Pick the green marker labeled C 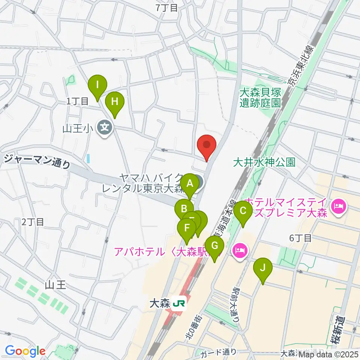click(x=243, y=211)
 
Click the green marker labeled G click(x=214, y=246)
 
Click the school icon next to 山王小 click(x=104, y=128)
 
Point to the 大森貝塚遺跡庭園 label click(x=261, y=97)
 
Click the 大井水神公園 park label click(x=264, y=162)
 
